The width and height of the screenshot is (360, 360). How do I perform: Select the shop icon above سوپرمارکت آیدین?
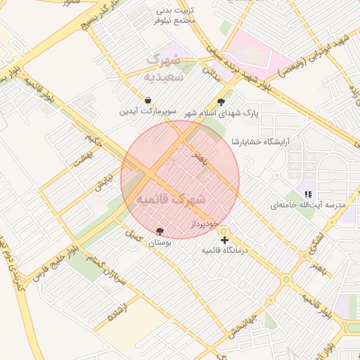click(x=148, y=101)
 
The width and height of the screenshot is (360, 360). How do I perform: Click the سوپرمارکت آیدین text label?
click(x=148, y=112)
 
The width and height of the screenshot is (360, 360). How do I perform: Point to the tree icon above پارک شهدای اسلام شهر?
click(x=222, y=101)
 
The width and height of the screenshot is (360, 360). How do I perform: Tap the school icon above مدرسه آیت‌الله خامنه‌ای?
click(x=307, y=193)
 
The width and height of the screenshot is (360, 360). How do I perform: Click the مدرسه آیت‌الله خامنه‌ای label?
click(x=309, y=205)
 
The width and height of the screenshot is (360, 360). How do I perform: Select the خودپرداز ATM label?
click(x=207, y=224)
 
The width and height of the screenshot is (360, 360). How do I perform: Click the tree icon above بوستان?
click(x=160, y=231)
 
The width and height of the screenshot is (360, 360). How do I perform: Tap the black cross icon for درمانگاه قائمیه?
click(x=224, y=240)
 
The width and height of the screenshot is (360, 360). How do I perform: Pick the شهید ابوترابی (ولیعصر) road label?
click(x=310, y=60)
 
